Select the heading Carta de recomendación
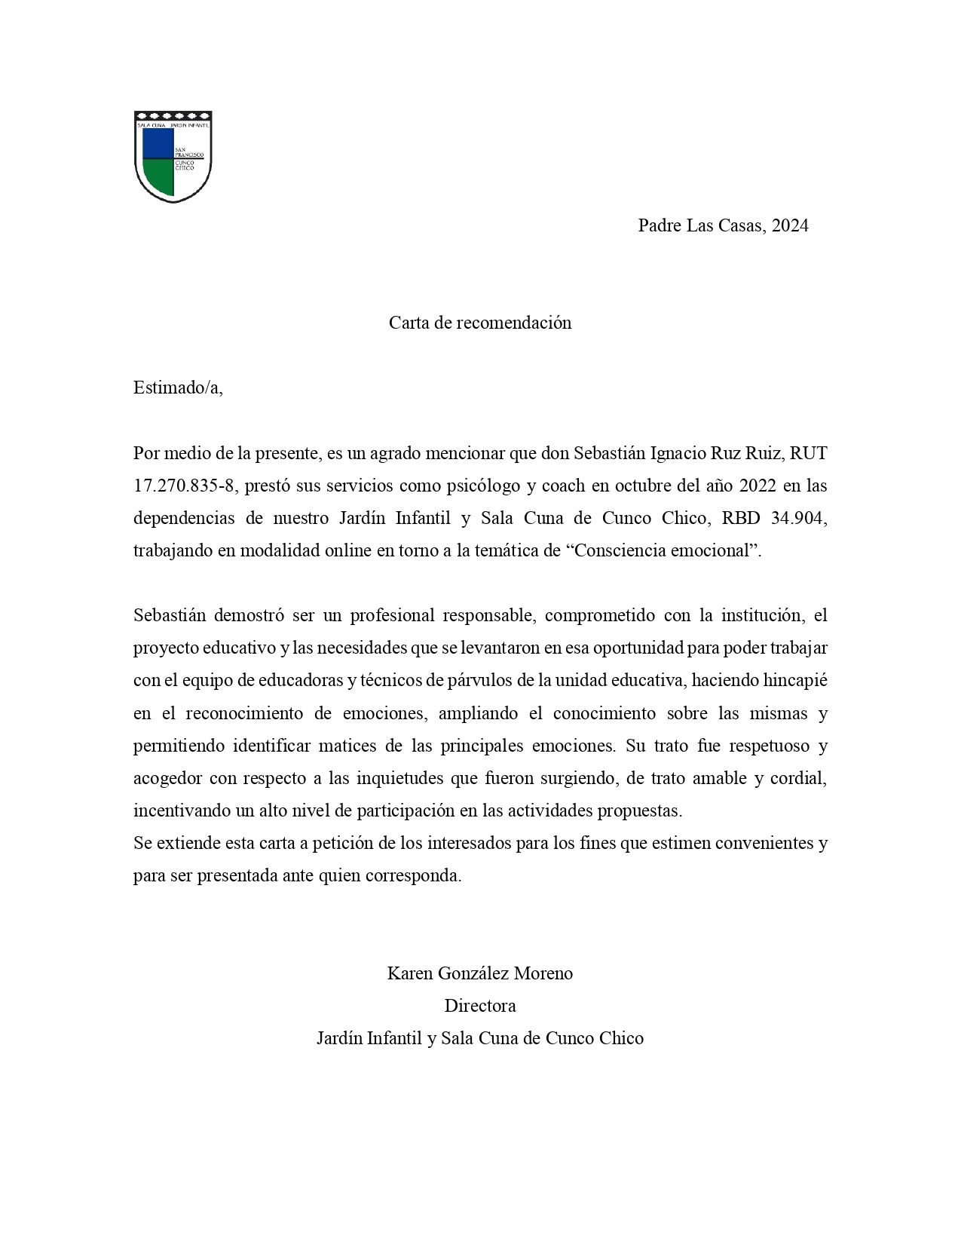click(480, 323)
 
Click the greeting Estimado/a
click(178, 388)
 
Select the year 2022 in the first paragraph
click(759, 486)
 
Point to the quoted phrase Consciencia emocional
click(664, 550)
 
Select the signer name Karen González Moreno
click(480, 973)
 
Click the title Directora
click(480, 1006)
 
